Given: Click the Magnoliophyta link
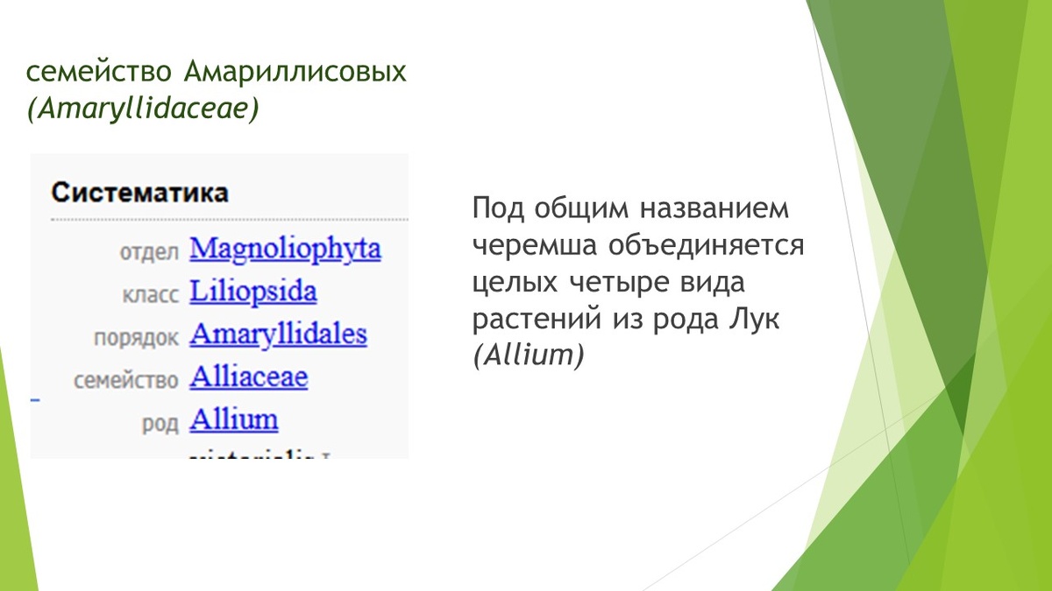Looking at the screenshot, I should pyautogui.click(x=285, y=250).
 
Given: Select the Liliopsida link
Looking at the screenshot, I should pyautogui.click(x=252, y=292).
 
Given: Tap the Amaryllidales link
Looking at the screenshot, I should pyautogui.click(x=278, y=335).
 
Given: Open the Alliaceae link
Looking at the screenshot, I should pyautogui.click(x=249, y=378).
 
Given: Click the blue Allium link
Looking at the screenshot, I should pyautogui.click(x=234, y=420).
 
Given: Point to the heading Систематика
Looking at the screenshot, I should pyautogui.click(x=139, y=193).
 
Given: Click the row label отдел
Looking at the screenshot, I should pyautogui.click(x=149, y=252).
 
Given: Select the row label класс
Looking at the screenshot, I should pyautogui.click(x=151, y=294).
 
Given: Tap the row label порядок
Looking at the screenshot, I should pyautogui.click(x=136, y=337).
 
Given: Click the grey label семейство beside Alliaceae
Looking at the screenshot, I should pyautogui.click(x=126, y=380).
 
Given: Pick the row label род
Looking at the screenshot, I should pyautogui.click(x=160, y=423).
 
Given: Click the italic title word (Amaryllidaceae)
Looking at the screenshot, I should pyautogui.click(x=143, y=109).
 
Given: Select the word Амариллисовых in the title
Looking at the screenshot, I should pyautogui.click(x=295, y=72).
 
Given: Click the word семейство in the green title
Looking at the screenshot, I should pyautogui.click(x=101, y=72).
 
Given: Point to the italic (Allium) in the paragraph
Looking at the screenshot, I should pyautogui.click(x=528, y=356).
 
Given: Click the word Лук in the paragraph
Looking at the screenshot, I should pyautogui.click(x=754, y=320).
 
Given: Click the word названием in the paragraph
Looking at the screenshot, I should pyautogui.click(x=714, y=209).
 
